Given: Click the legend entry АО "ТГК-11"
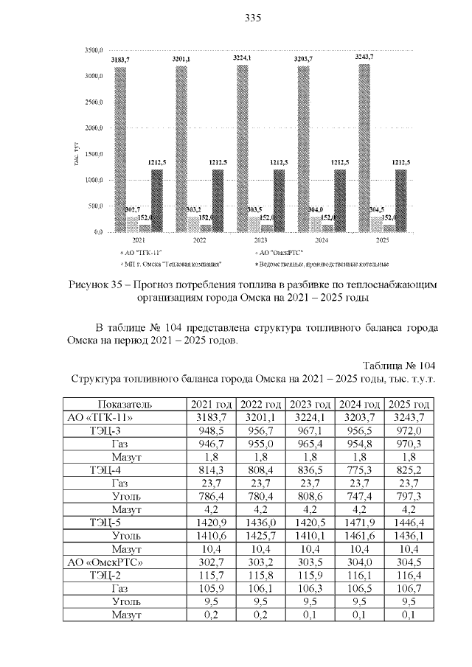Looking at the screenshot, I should pos(145,252).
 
